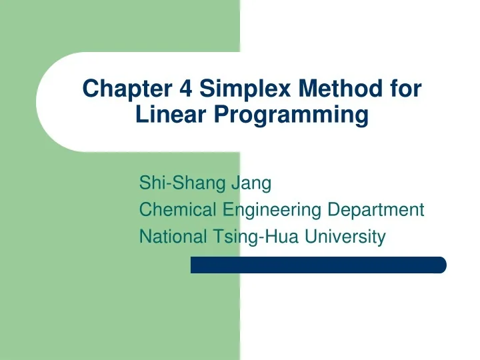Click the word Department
(x=376, y=211)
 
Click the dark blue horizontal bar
(x=318, y=265)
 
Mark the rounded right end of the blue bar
(x=441, y=265)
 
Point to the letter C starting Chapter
(x=89, y=88)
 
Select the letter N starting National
(x=145, y=237)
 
